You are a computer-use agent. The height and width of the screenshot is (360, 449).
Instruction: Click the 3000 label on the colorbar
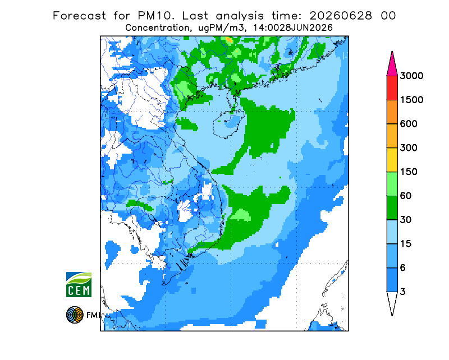(411, 76)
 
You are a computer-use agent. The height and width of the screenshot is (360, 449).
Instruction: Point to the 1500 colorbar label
(411, 100)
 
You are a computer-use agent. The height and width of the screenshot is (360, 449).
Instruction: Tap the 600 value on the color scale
(409, 124)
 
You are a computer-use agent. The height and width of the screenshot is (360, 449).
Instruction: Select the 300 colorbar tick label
(409, 148)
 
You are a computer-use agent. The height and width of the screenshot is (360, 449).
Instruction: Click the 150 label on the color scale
(409, 172)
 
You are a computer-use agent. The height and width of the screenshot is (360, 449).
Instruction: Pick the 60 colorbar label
(406, 196)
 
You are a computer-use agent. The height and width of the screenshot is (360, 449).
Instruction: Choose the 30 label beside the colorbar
(406, 220)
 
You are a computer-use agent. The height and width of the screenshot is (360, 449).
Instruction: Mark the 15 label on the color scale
(406, 244)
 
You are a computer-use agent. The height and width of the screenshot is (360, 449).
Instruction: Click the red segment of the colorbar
(392, 88)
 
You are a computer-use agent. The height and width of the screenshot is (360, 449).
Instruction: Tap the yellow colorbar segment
(392, 160)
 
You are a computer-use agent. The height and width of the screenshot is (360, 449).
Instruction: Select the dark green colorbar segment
(392, 208)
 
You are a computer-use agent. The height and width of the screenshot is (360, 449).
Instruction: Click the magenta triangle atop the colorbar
(392, 66)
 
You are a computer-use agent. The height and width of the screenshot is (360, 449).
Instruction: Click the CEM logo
(79, 285)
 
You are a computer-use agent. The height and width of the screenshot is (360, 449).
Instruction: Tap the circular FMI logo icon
(75, 315)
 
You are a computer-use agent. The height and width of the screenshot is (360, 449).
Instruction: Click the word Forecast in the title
(79, 16)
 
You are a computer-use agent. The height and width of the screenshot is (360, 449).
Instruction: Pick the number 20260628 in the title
(341, 16)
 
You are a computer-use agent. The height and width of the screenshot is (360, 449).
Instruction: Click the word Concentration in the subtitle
(157, 28)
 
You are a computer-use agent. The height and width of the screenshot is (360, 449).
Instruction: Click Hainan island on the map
(228, 124)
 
